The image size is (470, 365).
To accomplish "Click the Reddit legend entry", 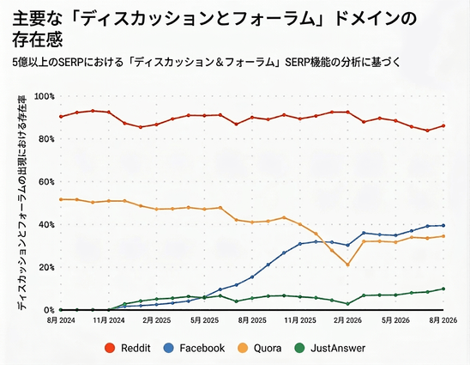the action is coord(128,348).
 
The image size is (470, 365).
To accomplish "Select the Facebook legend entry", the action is coord(194,348).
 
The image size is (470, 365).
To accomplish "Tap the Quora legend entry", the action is coord(259,348).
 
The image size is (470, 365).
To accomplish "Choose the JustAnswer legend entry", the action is coord(329,348).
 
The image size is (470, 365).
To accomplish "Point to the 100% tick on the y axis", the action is coord(45,96).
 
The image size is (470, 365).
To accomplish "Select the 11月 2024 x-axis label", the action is coord(109,320).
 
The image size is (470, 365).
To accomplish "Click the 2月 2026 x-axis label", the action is coord(347,320).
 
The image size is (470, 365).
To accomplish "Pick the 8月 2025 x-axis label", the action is coord(252,320).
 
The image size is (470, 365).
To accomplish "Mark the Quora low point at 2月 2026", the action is coord(347,265).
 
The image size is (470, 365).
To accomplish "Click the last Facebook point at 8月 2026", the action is coord(443,225).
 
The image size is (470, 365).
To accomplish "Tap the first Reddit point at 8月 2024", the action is coord(61,117).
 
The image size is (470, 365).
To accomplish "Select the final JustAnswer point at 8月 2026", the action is coord(443,289).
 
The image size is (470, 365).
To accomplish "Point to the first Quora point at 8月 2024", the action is coord(61,199).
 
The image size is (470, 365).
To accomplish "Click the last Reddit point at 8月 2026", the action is coord(443,125).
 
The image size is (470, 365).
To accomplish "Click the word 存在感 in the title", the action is coord(38,40).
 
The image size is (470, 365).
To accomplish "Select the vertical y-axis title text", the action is coord(22,203).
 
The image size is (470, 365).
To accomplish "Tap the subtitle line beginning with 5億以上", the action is coord(206,62).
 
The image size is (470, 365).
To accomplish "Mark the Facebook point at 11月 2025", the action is coord(300,244).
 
